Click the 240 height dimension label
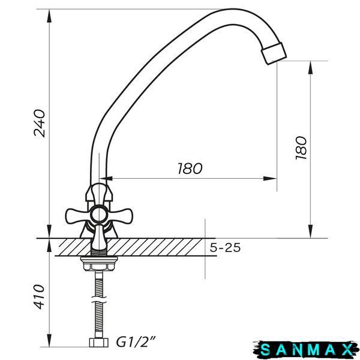[39, 123]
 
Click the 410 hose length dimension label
[39, 297]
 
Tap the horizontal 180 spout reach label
[190, 168]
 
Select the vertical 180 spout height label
[301, 148]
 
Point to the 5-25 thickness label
[225, 247]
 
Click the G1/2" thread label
[136, 342]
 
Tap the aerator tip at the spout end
[274, 53]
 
